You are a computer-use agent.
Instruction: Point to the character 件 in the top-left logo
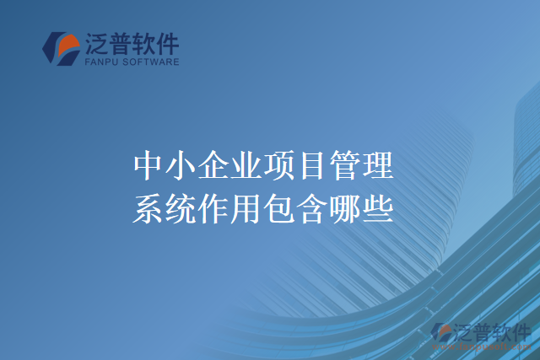166,43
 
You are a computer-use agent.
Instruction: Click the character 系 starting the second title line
148,207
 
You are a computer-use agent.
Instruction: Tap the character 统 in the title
181,207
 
